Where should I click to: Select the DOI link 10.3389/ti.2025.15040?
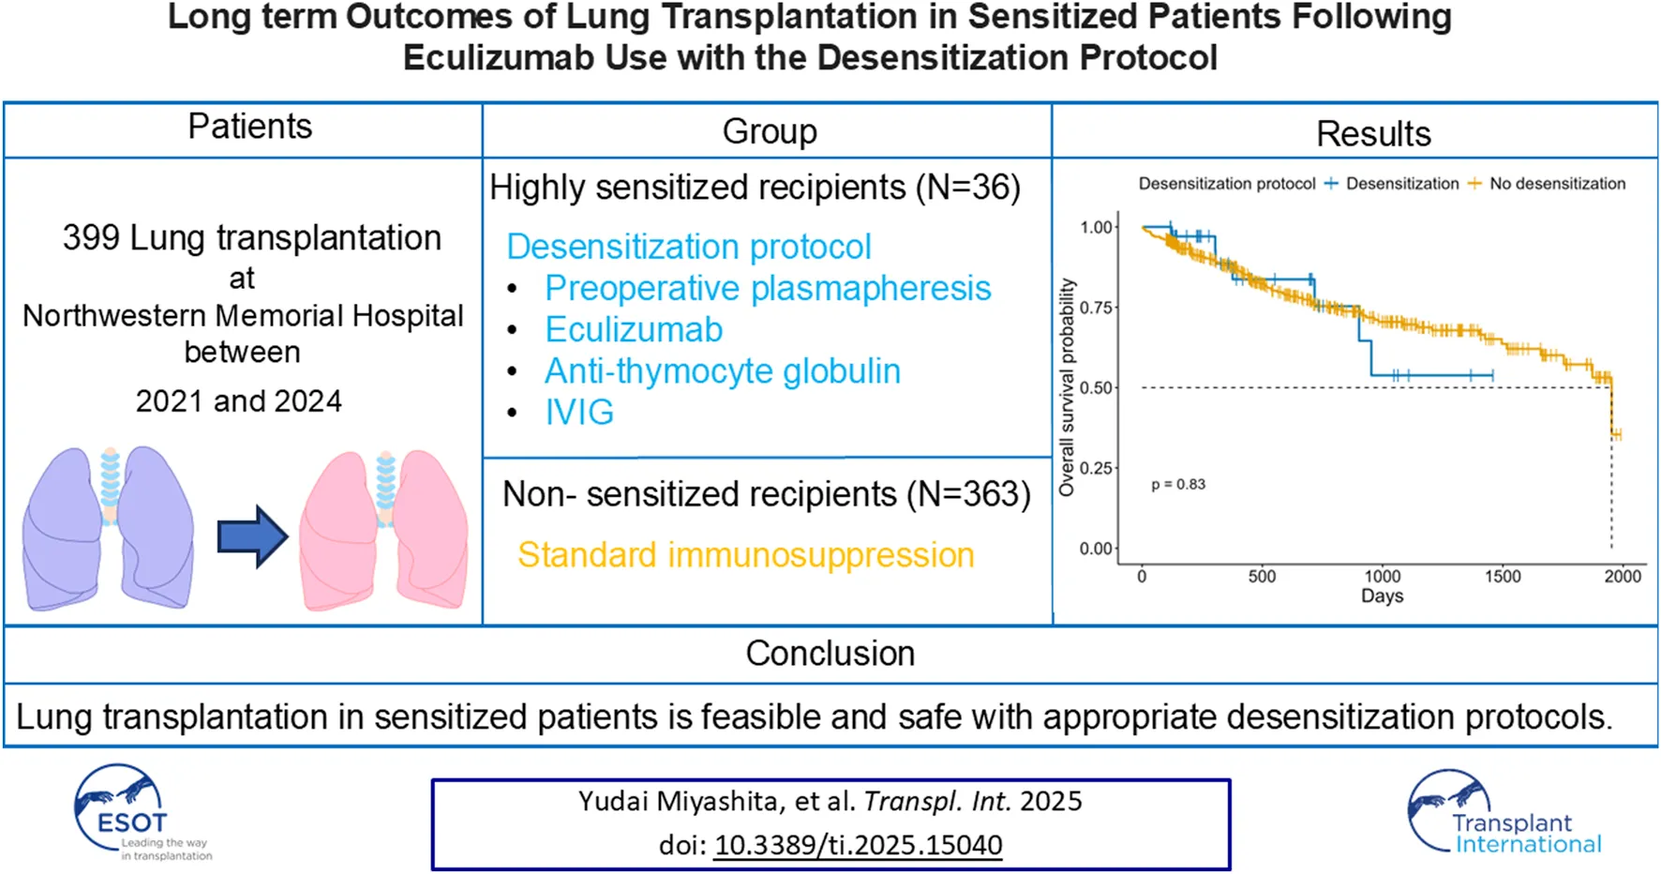(x=858, y=845)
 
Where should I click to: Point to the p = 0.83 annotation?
(x=1178, y=485)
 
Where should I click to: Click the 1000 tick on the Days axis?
(x=1382, y=576)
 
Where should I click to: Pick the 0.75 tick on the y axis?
(x=1095, y=308)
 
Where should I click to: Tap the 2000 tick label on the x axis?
(x=1622, y=576)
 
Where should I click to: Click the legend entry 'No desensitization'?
(x=1557, y=184)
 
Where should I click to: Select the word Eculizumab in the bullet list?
(x=634, y=330)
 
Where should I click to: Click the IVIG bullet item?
(x=579, y=413)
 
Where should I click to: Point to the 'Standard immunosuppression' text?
(x=745, y=555)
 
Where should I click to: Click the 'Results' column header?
(x=1373, y=134)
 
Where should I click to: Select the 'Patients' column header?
(x=249, y=127)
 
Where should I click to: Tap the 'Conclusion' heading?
(x=830, y=654)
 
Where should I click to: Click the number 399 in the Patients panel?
(x=91, y=238)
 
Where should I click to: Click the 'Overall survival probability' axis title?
(x=1067, y=387)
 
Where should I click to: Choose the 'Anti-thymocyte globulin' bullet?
(x=722, y=371)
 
